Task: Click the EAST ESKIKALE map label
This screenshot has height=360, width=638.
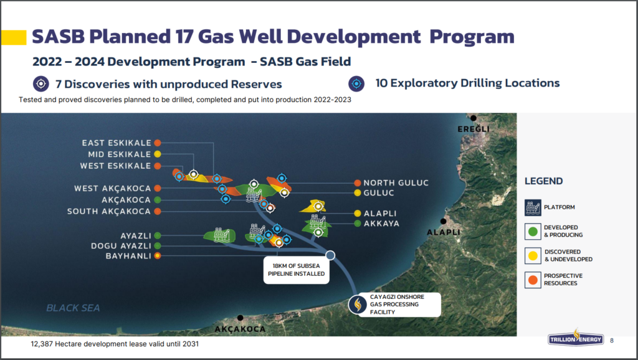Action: [x=117, y=143]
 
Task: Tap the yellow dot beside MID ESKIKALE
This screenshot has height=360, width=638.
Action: [x=158, y=154]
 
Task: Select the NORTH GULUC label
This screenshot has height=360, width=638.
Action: [x=396, y=183]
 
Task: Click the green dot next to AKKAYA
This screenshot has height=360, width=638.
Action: [x=358, y=224]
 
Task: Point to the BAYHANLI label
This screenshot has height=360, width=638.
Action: [x=128, y=256]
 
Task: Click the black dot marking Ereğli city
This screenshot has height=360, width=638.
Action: [x=474, y=118]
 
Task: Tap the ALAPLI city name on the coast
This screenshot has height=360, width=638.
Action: [x=444, y=232]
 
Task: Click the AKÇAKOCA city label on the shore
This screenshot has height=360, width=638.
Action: [x=240, y=329]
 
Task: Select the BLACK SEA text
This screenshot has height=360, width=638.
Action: [x=74, y=308]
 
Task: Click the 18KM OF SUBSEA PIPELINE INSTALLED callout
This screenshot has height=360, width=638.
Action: [x=296, y=270]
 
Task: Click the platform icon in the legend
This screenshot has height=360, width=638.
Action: [x=533, y=207]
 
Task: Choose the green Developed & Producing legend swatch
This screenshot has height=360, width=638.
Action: [x=533, y=232]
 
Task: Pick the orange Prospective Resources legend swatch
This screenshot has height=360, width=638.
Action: [x=533, y=280]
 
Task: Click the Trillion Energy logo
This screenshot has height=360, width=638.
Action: [x=575, y=338]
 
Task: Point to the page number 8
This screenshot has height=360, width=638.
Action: [x=612, y=341]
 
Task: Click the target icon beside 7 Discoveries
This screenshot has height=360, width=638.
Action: [x=41, y=84]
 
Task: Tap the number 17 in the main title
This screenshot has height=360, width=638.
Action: [x=184, y=36]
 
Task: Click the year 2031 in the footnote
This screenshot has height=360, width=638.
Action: [x=191, y=344]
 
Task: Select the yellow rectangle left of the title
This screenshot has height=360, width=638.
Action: [x=14, y=37]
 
